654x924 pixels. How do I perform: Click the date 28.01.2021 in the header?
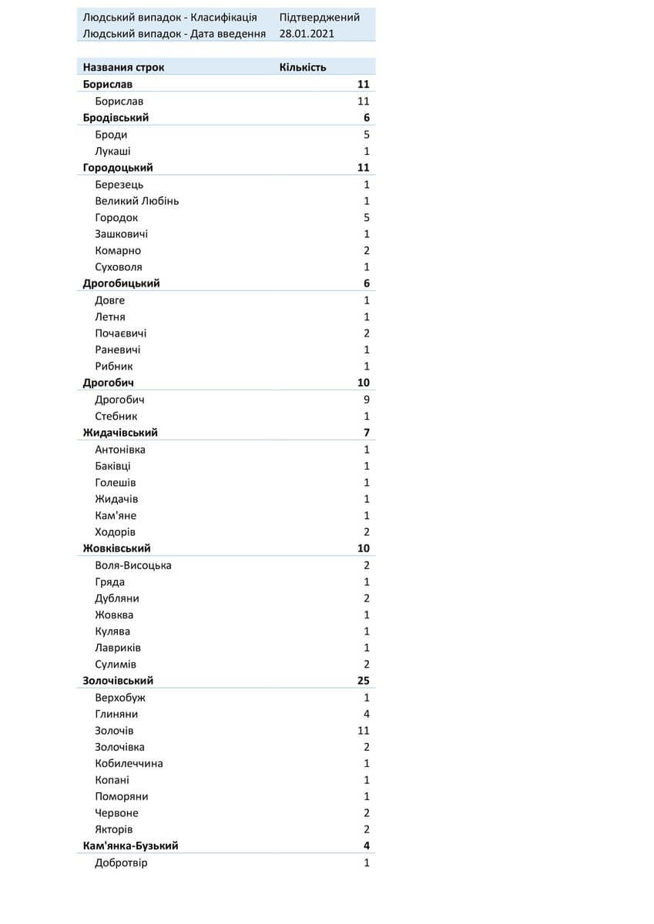point(307,34)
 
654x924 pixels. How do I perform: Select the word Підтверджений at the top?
point(319,17)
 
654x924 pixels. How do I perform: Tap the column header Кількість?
point(302,67)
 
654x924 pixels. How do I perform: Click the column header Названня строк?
point(123,67)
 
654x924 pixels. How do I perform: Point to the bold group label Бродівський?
point(116,118)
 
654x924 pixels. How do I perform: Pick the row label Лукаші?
point(112,151)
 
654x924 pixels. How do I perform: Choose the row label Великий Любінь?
point(137,201)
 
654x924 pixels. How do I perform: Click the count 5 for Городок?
point(367,217)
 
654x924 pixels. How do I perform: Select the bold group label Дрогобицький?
point(121,283)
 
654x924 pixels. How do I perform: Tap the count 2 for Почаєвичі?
point(367,333)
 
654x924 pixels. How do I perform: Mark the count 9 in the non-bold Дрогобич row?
point(367,400)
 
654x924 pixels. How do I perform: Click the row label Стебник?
point(116,416)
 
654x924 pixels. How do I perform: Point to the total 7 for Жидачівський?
point(367,433)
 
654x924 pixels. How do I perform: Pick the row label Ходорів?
point(116,532)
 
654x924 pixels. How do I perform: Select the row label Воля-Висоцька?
point(133,565)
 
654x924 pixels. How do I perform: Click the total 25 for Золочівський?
point(364,681)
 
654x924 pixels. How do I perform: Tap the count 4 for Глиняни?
point(367,714)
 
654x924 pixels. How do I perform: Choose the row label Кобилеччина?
point(129,763)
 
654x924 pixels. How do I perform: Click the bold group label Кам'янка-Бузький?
point(130,845)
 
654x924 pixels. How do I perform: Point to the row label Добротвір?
point(121,862)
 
